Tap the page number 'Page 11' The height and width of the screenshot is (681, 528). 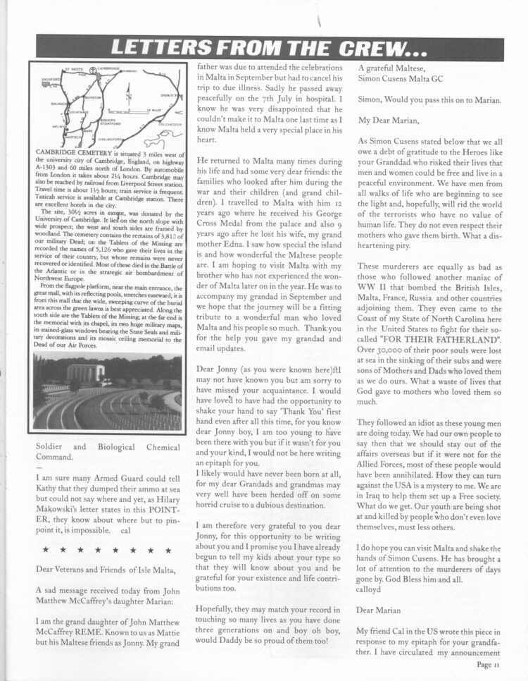487,663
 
